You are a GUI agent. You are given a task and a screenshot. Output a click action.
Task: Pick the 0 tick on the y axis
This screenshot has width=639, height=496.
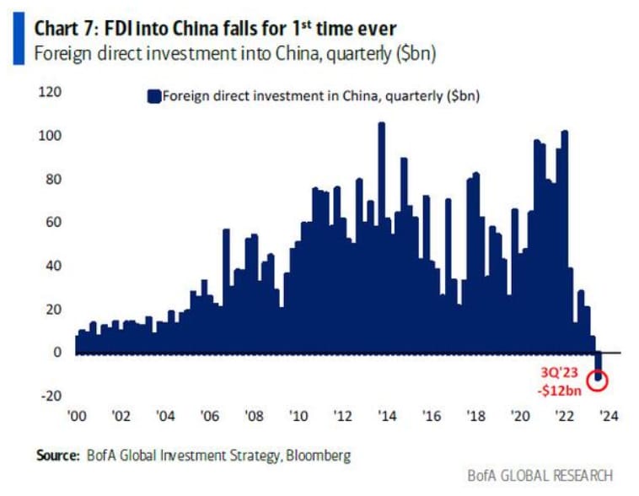click(x=58, y=352)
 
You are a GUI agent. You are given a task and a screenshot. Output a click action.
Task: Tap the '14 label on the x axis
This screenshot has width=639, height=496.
click(x=386, y=415)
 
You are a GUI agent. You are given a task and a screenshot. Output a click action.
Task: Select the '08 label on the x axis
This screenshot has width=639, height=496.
click(x=253, y=415)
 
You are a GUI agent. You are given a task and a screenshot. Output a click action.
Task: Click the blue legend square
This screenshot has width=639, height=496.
click(x=153, y=96)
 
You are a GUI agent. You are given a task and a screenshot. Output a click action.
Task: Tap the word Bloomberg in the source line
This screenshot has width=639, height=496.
click(x=319, y=456)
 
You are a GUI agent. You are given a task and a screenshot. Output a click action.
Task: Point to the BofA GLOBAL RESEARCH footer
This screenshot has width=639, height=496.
click(x=540, y=476)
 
